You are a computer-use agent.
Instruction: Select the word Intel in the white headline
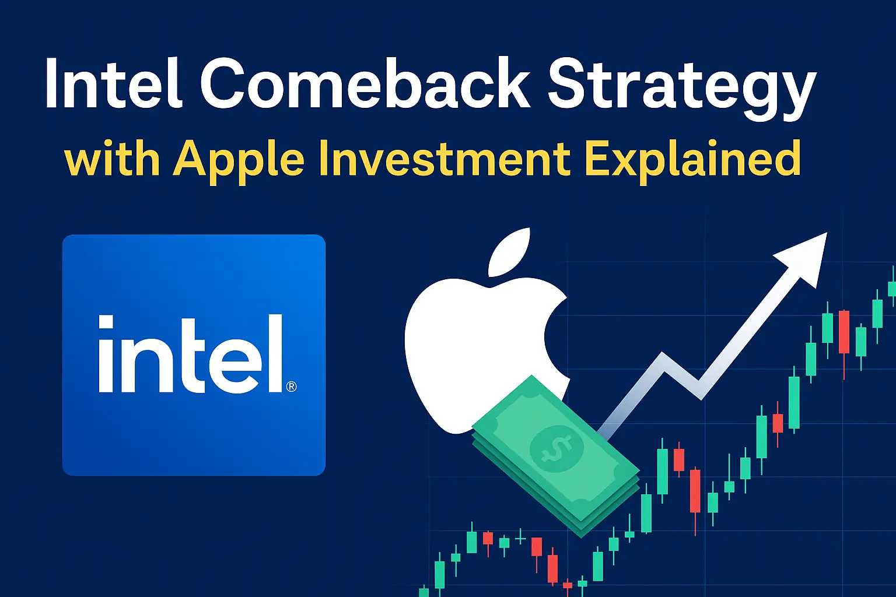(x=114, y=83)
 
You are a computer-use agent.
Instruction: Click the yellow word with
(x=112, y=159)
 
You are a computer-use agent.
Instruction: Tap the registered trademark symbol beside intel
(x=292, y=387)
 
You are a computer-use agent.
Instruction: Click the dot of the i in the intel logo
(x=106, y=322)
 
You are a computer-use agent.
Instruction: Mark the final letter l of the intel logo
(x=275, y=353)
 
